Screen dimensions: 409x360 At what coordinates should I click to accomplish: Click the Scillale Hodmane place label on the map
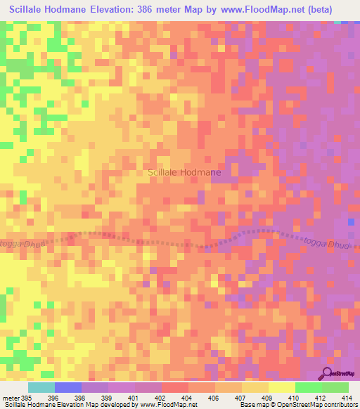[x=185, y=172]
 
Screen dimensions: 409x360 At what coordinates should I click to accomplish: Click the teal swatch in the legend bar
[x=41, y=387]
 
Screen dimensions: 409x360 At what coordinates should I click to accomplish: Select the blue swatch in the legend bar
[x=68, y=387]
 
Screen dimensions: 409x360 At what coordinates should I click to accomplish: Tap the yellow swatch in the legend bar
[x=282, y=387]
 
